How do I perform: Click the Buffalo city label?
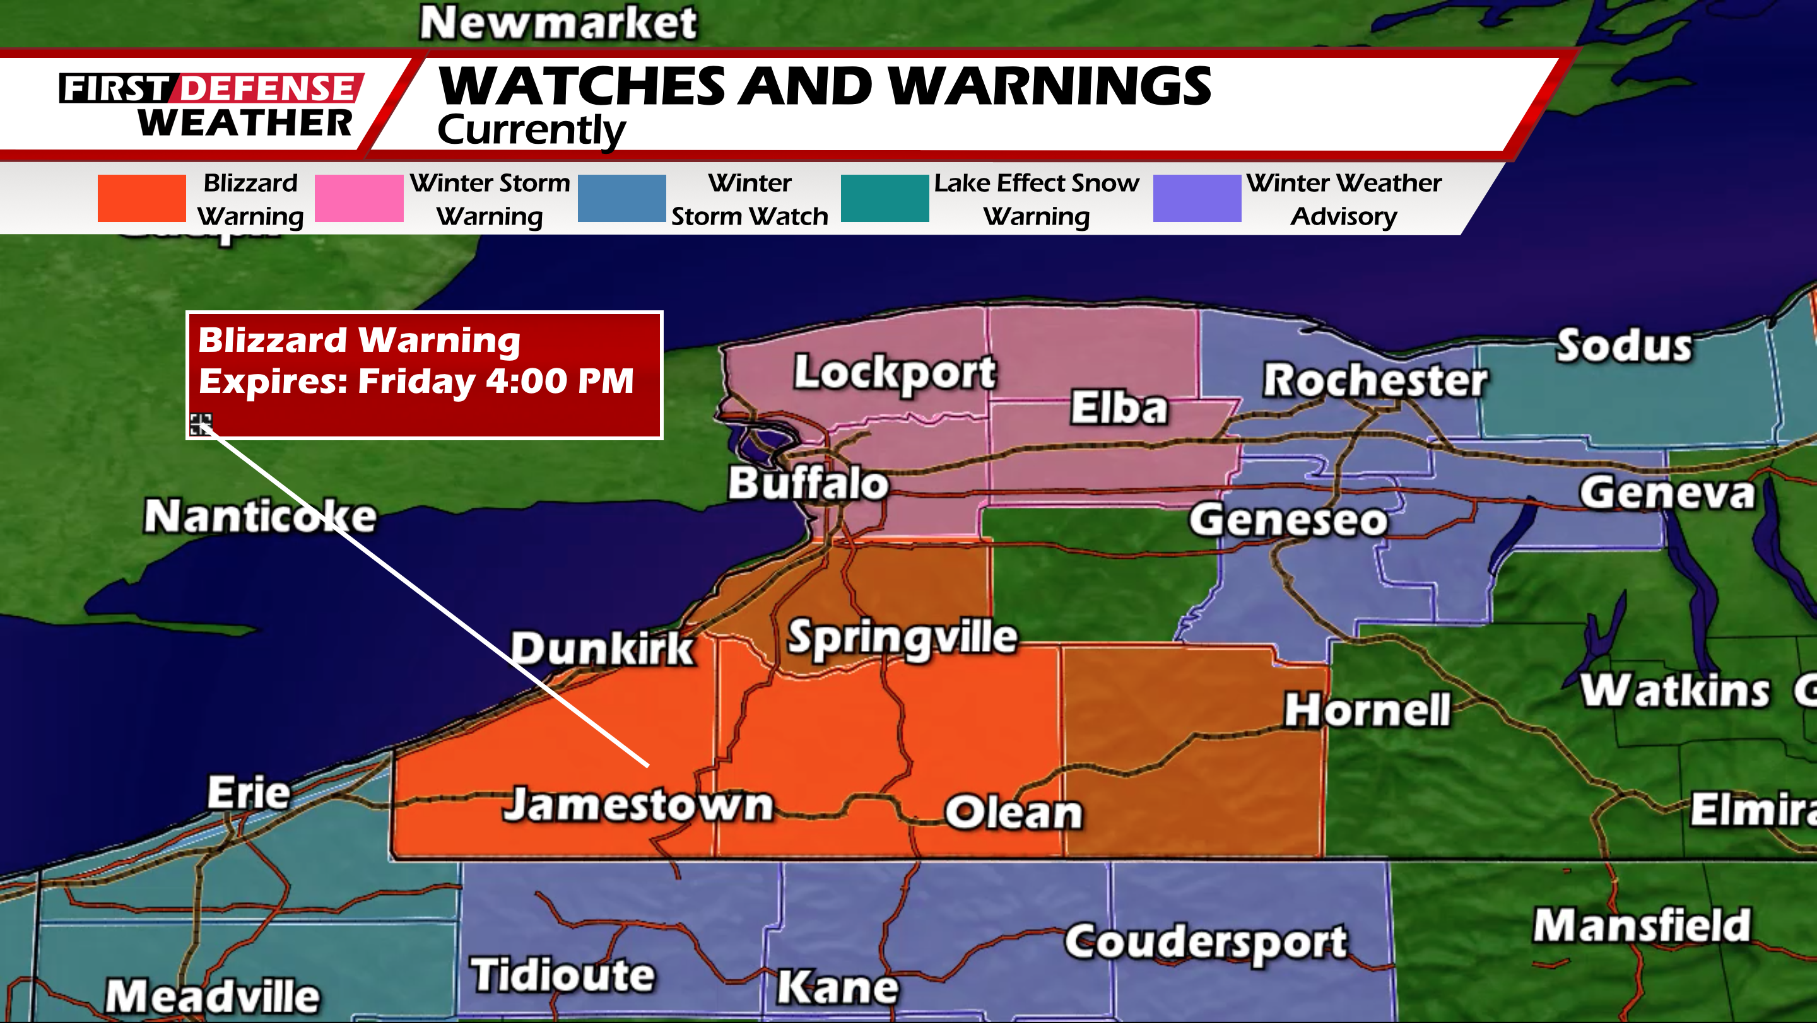808,484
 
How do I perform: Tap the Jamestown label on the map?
638,805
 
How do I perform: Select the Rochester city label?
1375,381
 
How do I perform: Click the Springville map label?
902,638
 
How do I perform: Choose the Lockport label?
895,372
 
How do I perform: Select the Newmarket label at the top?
558,23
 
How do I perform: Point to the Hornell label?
1367,710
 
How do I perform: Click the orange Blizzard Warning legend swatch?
142,198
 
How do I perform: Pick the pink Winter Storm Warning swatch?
358,198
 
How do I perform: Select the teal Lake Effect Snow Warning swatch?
885,198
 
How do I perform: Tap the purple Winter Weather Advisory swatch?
1196,198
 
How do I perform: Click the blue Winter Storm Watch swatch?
621,198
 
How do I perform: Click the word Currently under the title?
531,131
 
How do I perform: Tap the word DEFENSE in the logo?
268,89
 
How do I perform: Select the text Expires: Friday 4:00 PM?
416,382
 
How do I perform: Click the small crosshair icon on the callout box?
201,424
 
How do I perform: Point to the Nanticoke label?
261,517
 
